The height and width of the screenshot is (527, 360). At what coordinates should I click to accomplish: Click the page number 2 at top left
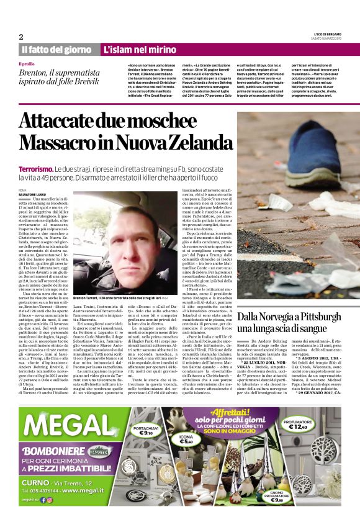pos(21,36)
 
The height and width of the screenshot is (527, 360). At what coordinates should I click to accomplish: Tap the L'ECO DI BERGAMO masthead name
pos(327,34)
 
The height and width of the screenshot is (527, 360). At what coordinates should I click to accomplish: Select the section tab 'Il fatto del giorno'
pos(56,50)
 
